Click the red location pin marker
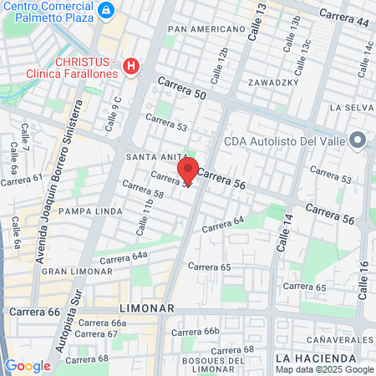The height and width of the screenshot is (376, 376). [189, 170]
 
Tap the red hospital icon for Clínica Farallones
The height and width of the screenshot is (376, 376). [130, 65]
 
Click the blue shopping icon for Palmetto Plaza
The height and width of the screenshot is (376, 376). [105, 11]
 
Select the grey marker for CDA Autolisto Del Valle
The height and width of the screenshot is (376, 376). [358, 140]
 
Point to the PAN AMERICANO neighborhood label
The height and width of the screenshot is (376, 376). [206, 29]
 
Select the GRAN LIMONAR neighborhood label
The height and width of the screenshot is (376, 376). [72, 272]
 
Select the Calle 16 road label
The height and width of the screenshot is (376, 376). [363, 282]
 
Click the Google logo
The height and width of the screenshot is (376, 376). [28, 365]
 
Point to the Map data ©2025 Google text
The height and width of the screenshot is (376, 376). [325, 369]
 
